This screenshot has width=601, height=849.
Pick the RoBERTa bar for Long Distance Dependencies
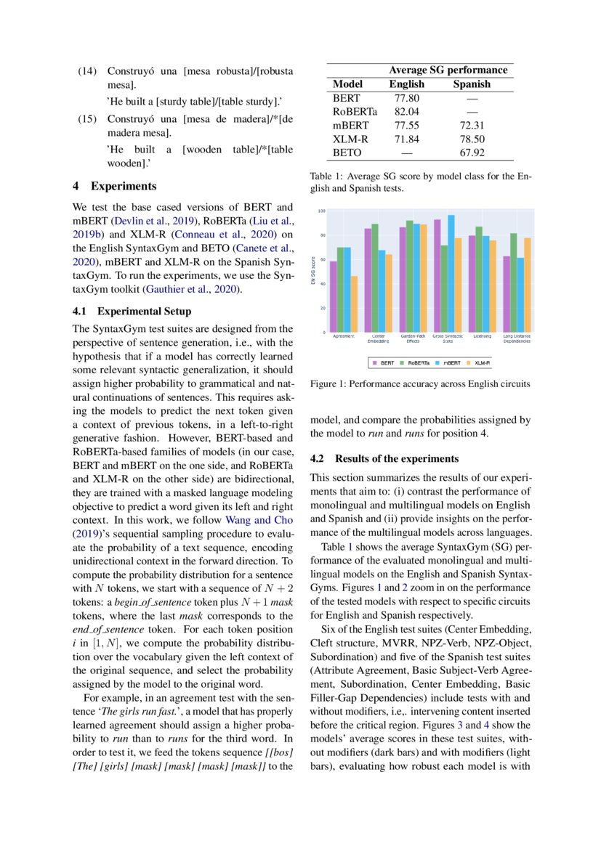[514, 283]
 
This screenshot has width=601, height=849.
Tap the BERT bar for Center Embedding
[368, 280]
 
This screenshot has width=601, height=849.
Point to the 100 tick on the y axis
[320, 211]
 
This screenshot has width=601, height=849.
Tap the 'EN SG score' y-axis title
[313, 272]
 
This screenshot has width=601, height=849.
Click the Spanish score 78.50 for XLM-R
[471, 139]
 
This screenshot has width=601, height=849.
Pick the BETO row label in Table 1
[346, 153]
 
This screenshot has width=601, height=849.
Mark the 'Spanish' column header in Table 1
[471, 84]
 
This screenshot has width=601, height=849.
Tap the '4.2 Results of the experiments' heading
[384, 459]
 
